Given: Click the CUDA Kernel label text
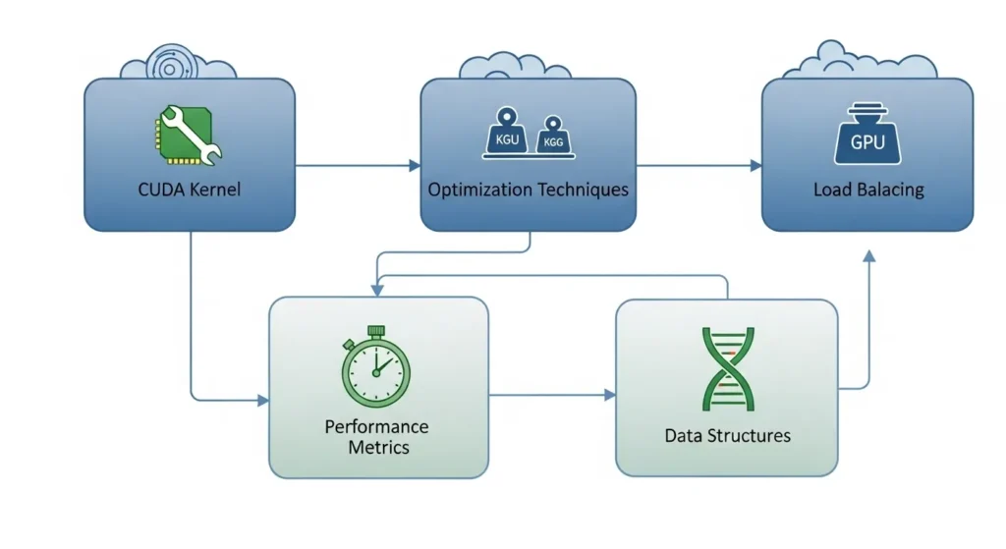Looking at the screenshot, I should [x=190, y=189].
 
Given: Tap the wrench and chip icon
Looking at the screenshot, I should [x=189, y=137].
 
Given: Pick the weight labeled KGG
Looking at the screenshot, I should [x=552, y=138].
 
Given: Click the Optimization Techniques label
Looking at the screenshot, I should [x=528, y=189].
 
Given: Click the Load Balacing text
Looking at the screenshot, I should [x=868, y=189].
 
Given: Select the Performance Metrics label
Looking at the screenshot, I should [x=377, y=437].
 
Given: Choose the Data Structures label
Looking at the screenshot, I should [x=727, y=434].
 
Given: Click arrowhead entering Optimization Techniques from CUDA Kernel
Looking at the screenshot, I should [x=415, y=166].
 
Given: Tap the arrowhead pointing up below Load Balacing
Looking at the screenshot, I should [x=867, y=255].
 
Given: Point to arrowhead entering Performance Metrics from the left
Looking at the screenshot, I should [x=262, y=401].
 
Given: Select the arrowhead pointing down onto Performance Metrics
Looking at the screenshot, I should [x=377, y=290].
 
